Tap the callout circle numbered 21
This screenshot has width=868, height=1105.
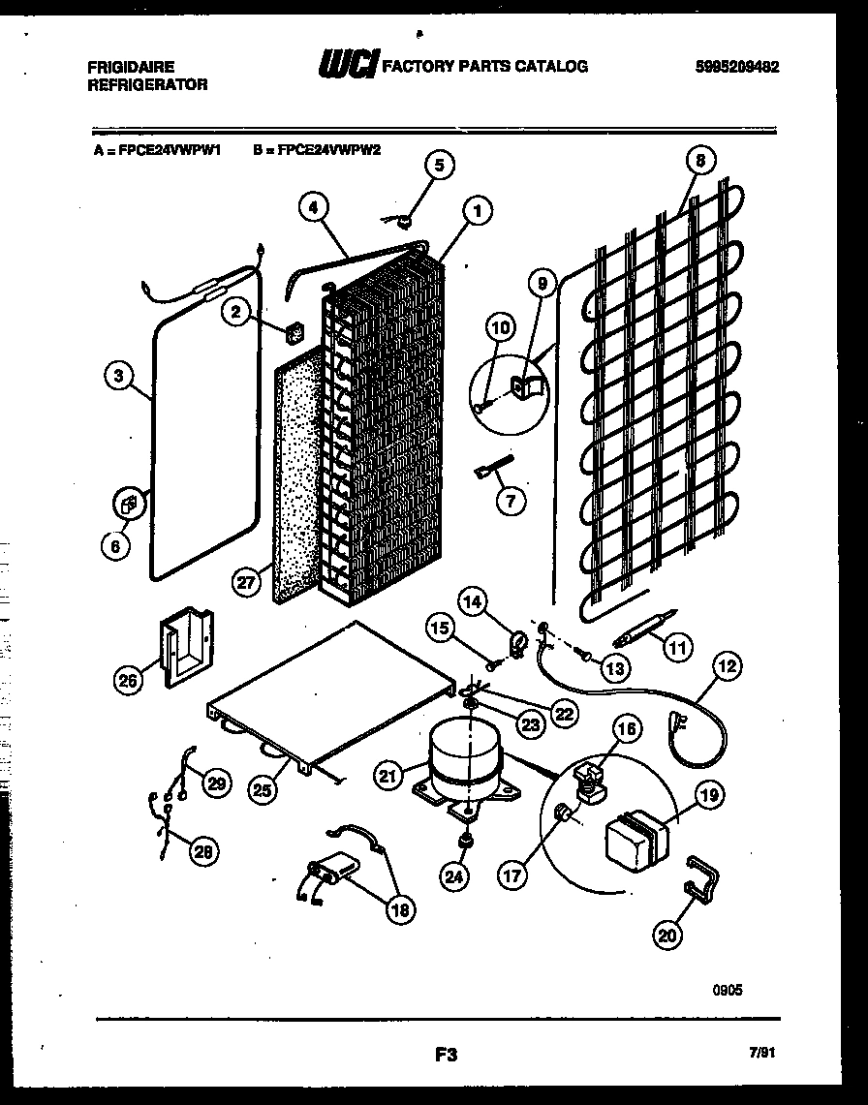click(x=389, y=775)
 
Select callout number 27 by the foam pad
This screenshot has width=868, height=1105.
click(x=247, y=581)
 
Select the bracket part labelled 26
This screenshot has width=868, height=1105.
click(x=184, y=649)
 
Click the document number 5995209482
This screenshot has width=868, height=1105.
click(x=737, y=67)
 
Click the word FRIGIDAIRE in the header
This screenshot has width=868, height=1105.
click(x=132, y=67)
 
